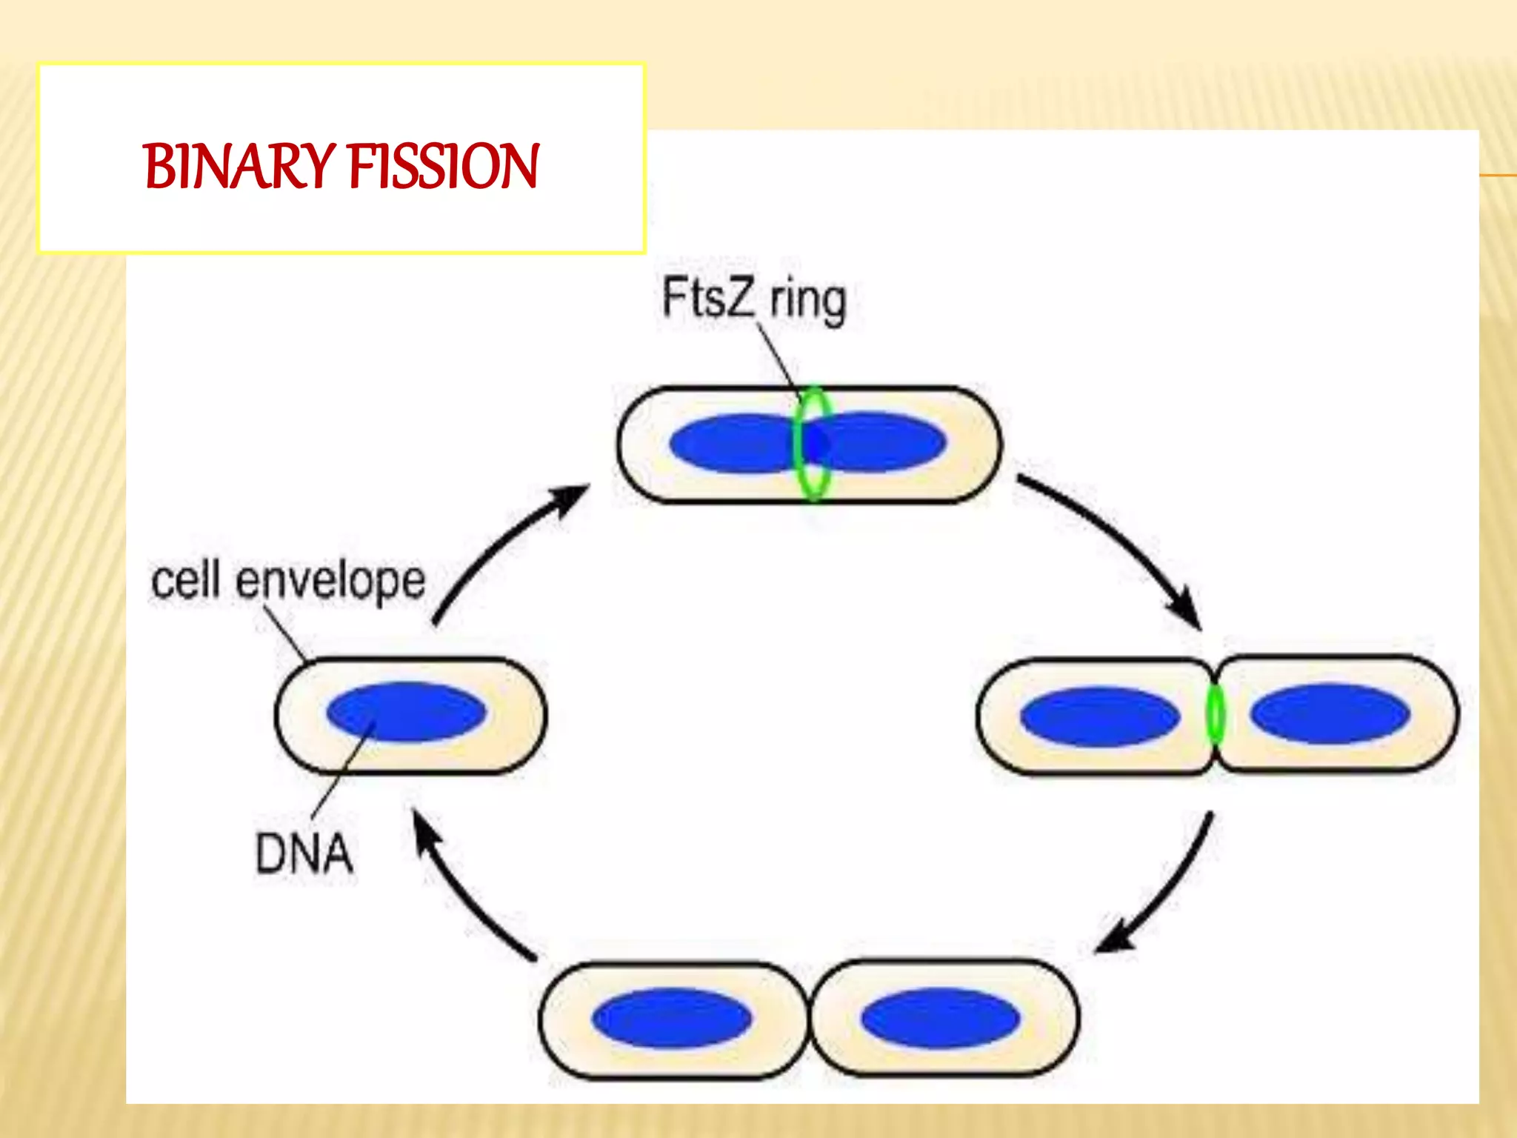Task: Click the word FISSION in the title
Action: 443,167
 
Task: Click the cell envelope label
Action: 288,580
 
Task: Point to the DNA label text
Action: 304,853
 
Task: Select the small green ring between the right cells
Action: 1215,715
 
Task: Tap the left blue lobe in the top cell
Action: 730,444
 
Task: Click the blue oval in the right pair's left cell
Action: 1099,716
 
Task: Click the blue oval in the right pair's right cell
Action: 1330,713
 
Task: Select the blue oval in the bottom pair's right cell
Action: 940,1018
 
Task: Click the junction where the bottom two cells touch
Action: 810,1019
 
